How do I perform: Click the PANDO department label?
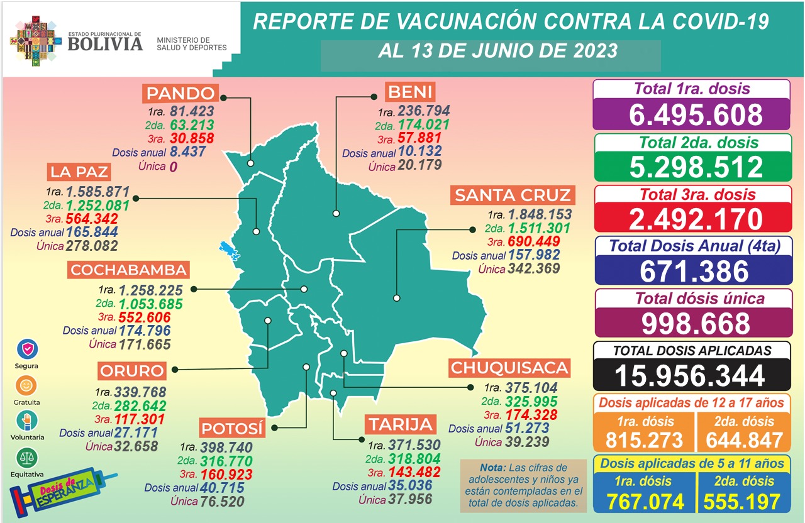[x=181, y=94]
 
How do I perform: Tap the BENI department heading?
[x=409, y=93]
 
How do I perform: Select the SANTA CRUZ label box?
[x=513, y=195]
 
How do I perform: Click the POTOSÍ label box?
[x=231, y=429]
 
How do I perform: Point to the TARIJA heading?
[x=401, y=424]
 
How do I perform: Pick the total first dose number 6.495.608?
[x=692, y=115]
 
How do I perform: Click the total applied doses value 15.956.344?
[x=692, y=376]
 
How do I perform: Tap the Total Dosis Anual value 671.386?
[x=692, y=272]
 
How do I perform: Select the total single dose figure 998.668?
[x=692, y=324]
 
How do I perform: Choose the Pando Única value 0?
[x=172, y=167]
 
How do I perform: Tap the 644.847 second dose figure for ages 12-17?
[x=743, y=440]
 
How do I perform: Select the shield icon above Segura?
[x=27, y=349]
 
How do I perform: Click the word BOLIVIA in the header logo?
[x=105, y=43]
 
